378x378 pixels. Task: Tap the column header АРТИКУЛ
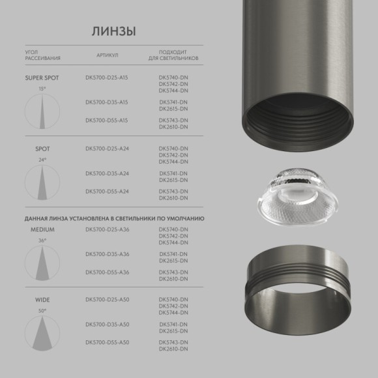[x=107, y=55]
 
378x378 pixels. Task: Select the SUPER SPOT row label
[x=42, y=78]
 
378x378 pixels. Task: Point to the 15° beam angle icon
[x=42, y=109]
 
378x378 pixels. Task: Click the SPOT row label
[x=42, y=149]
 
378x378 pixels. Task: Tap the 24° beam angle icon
[x=42, y=180]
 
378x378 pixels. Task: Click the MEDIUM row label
[x=42, y=230]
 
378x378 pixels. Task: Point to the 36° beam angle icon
[x=42, y=261]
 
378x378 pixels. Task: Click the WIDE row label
[x=42, y=300]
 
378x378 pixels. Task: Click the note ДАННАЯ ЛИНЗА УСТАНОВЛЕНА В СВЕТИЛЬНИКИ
[x=115, y=218]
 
